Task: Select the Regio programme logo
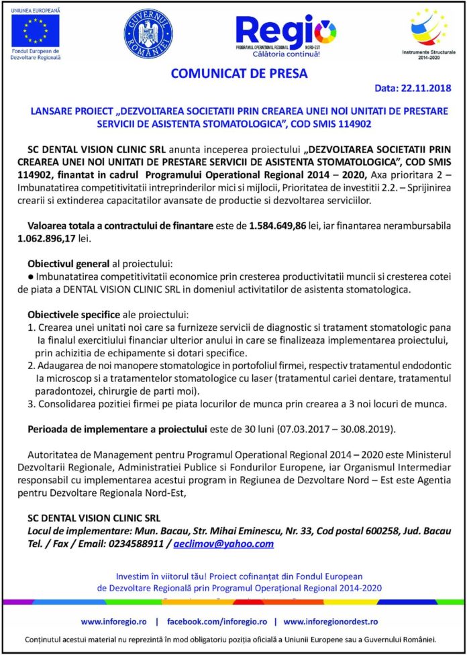click(x=285, y=34)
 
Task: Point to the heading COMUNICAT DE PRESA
click(x=239, y=74)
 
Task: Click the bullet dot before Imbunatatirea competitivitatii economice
click(x=31, y=276)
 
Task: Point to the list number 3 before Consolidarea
click(x=31, y=404)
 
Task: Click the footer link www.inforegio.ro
click(x=117, y=621)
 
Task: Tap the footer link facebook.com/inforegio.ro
click(x=217, y=621)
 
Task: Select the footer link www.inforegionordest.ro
click(x=330, y=621)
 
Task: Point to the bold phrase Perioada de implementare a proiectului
click(x=114, y=428)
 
